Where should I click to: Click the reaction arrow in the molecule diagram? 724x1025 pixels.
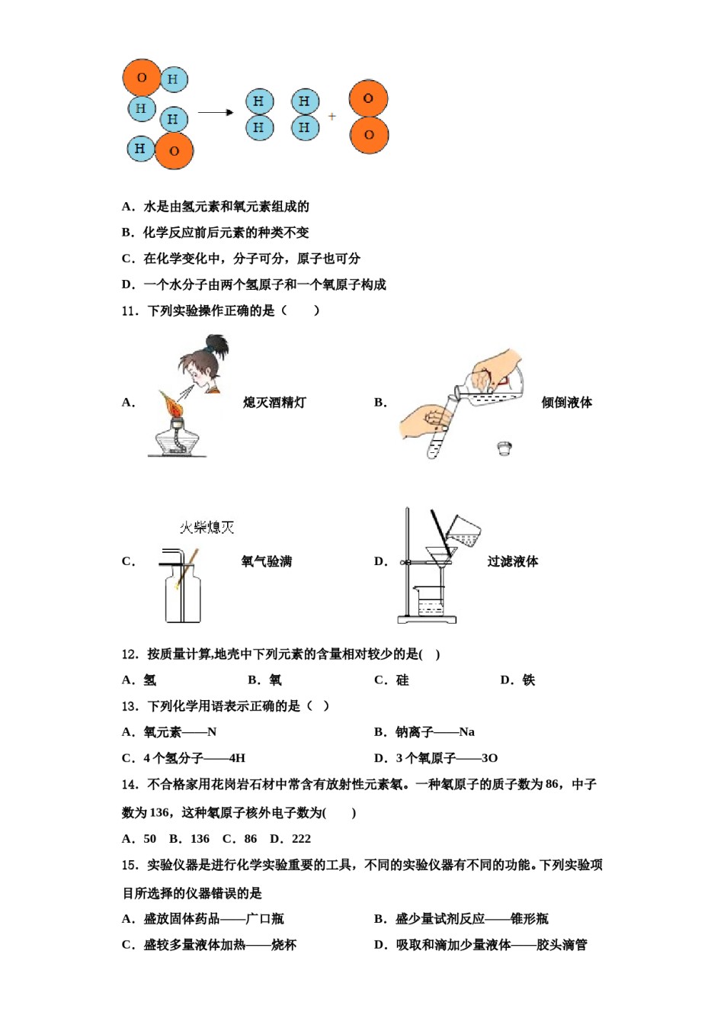tap(216, 113)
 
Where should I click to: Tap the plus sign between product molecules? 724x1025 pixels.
tap(332, 117)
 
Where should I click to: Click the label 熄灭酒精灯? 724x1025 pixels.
tap(274, 403)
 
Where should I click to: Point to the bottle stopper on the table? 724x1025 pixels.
tap(504, 448)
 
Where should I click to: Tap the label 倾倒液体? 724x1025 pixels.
tap(566, 403)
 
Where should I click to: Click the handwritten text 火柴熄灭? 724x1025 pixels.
tap(207, 527)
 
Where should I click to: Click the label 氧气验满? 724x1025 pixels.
tap(267, 562)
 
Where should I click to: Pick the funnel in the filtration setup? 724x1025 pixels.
tap(440, 556)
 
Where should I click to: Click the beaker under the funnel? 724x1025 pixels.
tap(431, 602)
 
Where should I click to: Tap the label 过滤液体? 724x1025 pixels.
tap(513, 562)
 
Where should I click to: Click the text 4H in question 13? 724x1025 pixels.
tap(237, 758)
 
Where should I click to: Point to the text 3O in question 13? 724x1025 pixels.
tap(489, 758)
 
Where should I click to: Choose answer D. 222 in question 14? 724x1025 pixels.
tap(291, 839)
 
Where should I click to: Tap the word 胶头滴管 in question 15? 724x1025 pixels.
tap(562, 945)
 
